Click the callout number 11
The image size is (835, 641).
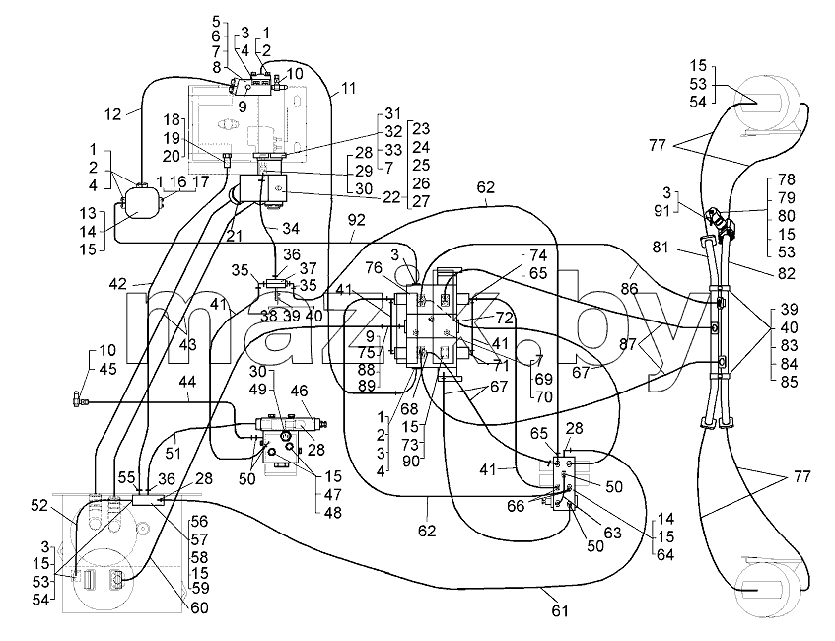[x=348, y=88]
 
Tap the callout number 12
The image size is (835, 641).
[x=113, y=114]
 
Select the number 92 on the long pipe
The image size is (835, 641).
[x=356, y=220]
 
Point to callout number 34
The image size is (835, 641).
[x=291, y=229]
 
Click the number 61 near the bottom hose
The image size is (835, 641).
[x=560, y=610]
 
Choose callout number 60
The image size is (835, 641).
[x=199, y=607]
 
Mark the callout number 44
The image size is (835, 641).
[x=187, y=382]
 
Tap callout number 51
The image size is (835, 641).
[x=174, y=454]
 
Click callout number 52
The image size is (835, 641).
[x=39, y=505]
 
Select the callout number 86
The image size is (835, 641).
[x=629, y=289]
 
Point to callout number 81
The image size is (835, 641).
[x=661, y=248]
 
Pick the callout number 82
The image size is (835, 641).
[x=786, y=273]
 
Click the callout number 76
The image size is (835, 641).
[x=374, y=267]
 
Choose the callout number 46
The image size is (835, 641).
[x=300, y=392]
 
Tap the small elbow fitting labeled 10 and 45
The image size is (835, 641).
[x=78, y=397]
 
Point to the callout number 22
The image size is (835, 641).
[x=391, y=197]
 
